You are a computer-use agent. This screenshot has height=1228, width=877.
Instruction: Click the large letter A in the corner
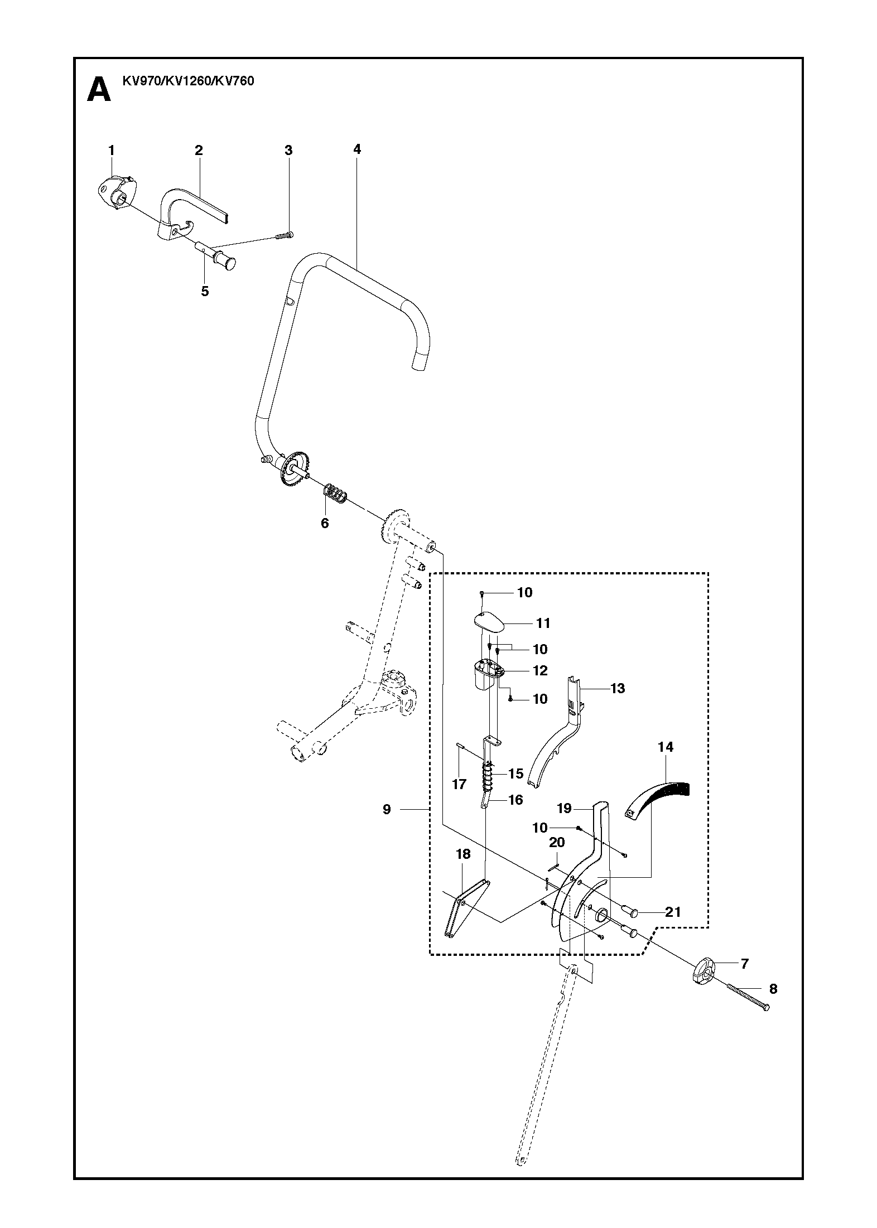tap(99, 90)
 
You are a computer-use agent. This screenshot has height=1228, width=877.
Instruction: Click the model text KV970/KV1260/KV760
tap(188, 81)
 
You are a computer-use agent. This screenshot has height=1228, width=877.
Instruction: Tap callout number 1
tap(111, 150)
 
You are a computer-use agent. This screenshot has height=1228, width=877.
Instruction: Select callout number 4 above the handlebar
tap(357, 149)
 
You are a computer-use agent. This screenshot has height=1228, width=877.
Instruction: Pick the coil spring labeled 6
tap(335, 491)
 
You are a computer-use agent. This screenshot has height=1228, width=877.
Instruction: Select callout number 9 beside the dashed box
tap(387, 809)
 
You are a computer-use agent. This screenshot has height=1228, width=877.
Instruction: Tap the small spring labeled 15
tap(489, 775)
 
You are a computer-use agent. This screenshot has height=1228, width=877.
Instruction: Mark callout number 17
tap(459, 784)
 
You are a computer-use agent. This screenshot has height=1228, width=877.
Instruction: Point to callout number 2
tap(199, 150)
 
